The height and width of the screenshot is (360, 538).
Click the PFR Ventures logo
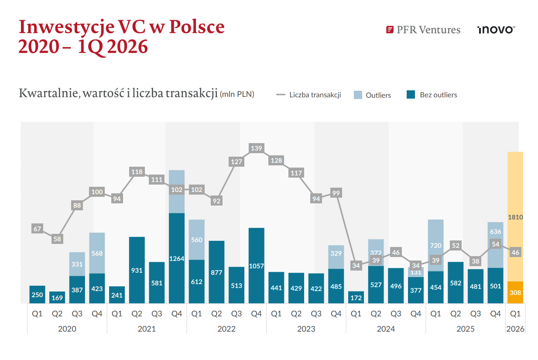click(423, 30)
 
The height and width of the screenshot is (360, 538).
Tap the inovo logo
click(497, 30)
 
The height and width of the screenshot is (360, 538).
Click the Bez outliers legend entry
click(432, 95)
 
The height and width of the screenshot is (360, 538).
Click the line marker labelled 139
click(257, 148)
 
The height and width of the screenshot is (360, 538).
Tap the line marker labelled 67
click(37, 229)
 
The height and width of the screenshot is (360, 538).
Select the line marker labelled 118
click(137, 172)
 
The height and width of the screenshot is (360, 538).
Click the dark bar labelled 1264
click(177, 258)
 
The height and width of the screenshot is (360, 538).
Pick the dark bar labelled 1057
click(257, 266)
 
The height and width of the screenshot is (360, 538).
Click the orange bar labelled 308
click(515, 292)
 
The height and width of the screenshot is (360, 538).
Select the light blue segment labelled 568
click(97, 253)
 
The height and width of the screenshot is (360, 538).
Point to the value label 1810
click(515, 217)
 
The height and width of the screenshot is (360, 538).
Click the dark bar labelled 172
click(356, 297)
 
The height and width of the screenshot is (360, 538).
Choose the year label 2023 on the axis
click(306, 329)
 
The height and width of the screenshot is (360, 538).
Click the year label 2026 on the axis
click(515, 329)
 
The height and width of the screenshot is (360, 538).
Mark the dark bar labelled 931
click(137, 270)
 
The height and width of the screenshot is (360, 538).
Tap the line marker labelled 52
click(456, 246)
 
